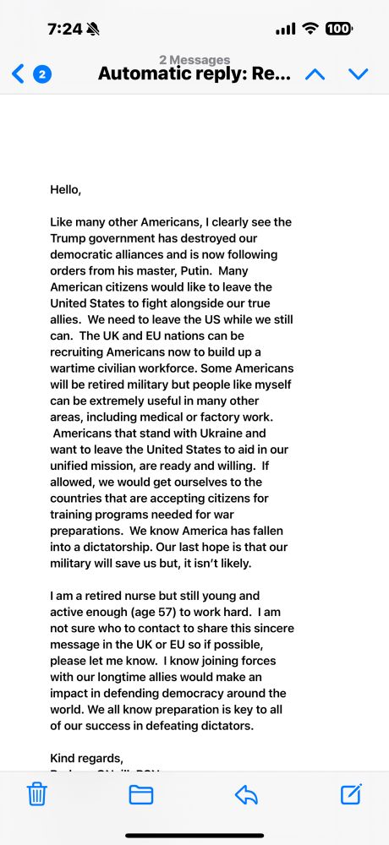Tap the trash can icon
click(36, 794)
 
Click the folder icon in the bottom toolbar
click(140, 794)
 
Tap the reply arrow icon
click(245, 794)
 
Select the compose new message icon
click(351, 794)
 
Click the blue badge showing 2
click(42, 74)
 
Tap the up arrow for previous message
click(315, 74)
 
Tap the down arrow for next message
click(359, 74)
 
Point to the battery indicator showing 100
click(338, 29)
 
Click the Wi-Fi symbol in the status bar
click(310, 29)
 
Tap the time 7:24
click(65, 29)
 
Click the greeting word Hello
click(66, 190)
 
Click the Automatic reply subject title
click(194, 74)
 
